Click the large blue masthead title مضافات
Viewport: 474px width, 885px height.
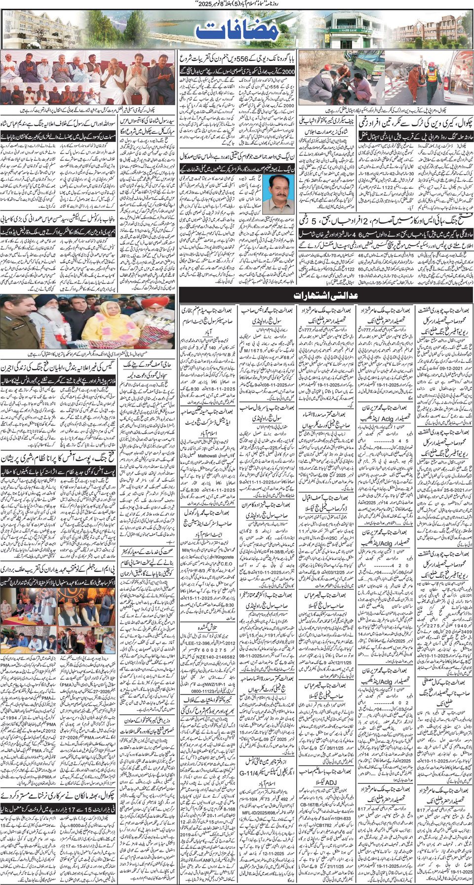point(237,31)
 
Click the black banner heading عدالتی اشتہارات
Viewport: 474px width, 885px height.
point(325,295)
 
